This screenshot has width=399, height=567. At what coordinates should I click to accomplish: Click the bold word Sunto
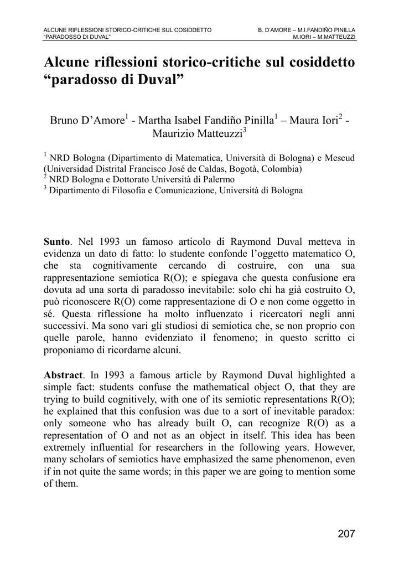tap(57, 242)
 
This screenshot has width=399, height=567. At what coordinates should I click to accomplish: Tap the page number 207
tap(346, 534)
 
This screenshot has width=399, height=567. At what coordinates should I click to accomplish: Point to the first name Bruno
tap(65, 120)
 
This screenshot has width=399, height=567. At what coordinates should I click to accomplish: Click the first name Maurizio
tap(177, 134)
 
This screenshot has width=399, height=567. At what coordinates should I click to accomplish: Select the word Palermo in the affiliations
tap(218, 179)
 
